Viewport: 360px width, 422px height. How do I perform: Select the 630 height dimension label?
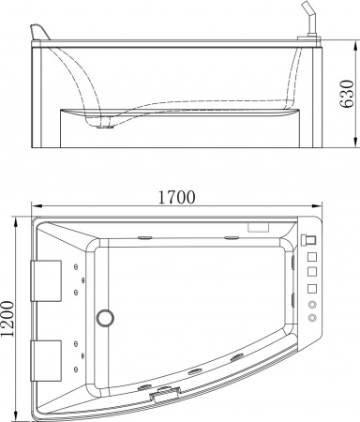coord(349,93)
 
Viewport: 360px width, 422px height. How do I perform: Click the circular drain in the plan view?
coord(106,316)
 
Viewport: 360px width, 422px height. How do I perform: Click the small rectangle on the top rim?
coord(257,226)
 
